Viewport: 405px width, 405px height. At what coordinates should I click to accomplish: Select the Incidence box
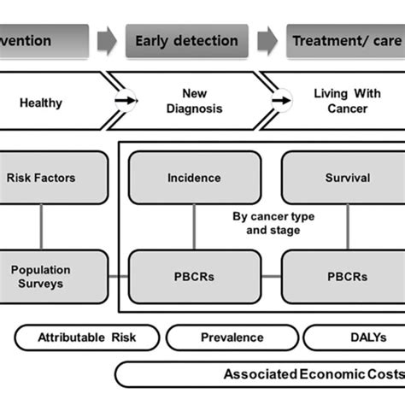(194, 179)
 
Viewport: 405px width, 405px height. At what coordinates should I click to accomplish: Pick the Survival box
(347, 179)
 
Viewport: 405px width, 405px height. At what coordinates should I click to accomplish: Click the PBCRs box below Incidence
(194, 276)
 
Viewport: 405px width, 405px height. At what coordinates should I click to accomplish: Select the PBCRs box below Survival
(347, 276)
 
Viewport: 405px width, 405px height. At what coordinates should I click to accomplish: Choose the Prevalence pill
(231, 337)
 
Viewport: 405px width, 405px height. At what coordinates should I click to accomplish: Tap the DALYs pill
(355, 337)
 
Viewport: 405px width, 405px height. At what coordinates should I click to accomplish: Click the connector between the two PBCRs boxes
(270, 276)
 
